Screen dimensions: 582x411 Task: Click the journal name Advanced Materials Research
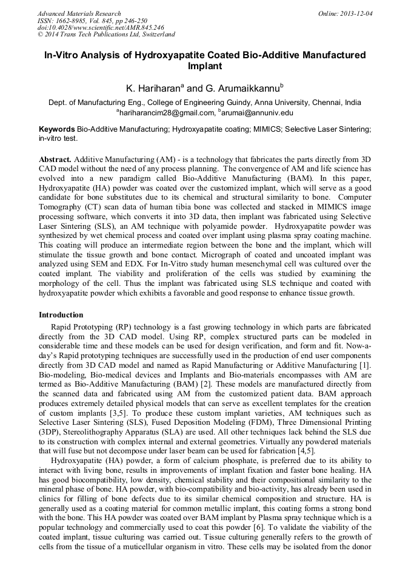(x=79, y=13)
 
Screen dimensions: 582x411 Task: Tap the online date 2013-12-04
(x=354, y=13)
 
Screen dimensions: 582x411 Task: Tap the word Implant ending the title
(x=205, y=66)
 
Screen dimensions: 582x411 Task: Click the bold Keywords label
(x=57, y=130)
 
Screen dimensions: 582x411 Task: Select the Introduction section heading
(x=61, y=315)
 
